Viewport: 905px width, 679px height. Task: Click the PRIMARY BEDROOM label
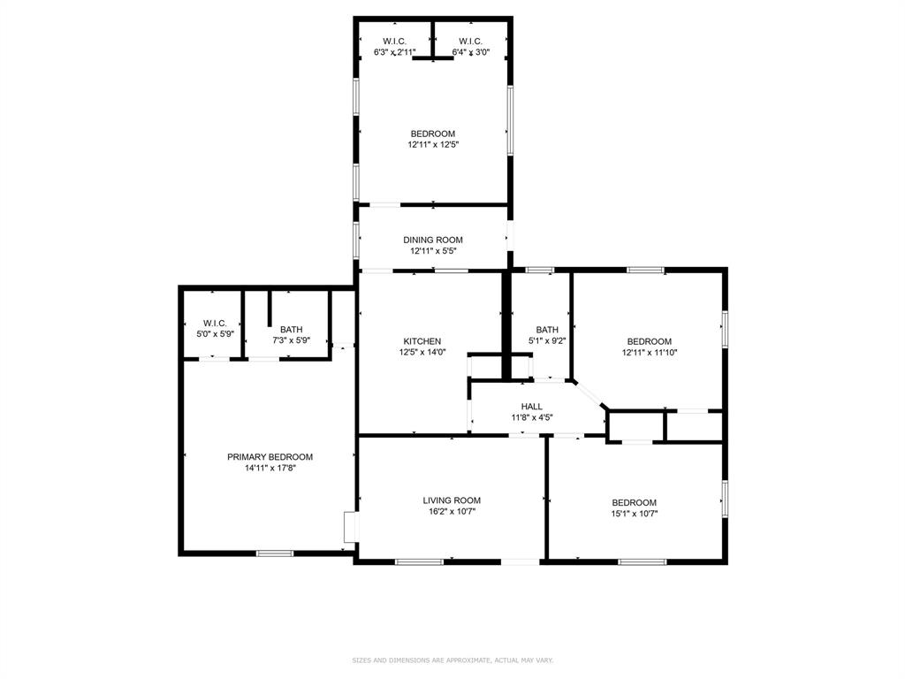[x=270, y=457]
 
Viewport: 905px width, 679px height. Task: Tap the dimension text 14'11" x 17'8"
[x=270, y=469]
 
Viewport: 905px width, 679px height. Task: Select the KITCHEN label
[x=422, y=341]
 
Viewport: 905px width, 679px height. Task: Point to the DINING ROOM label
[x=432, y=240]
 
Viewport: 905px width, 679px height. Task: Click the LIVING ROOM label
[x=451, y=500]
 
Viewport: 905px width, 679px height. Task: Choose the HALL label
[x=531, y=407]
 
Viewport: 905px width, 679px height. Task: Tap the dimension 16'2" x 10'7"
[x=451, y=512]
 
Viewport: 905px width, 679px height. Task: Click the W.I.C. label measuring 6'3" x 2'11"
[x=394, y=42]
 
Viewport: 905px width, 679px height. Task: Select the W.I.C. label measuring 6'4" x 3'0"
[x=469, y=42]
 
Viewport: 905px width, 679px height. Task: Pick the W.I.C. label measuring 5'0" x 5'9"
[x=215, y=324]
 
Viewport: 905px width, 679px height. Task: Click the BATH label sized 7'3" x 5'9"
[x=291, y=329]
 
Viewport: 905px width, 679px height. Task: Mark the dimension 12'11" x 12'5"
[x=432, y=145]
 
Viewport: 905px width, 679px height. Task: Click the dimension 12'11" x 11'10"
[x=649, y=353]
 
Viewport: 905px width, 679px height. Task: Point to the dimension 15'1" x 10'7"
[x=634, y=514]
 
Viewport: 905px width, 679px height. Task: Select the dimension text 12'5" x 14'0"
[x=422, y=353]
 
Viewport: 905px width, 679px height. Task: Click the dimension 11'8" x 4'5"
[x=531, y=418]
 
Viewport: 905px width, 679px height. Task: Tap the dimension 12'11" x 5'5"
[x=432, y=251]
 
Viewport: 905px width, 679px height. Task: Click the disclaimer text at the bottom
[x=452, y=660]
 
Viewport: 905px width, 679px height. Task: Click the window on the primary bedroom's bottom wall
[x=275, y=553]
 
